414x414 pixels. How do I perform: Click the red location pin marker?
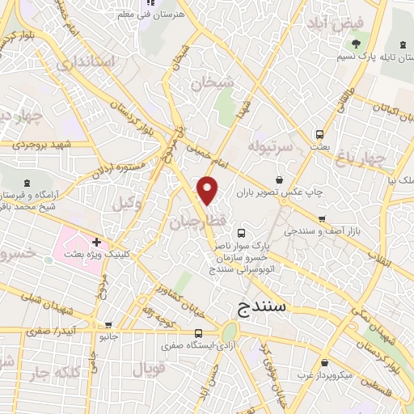[x=209, y=190]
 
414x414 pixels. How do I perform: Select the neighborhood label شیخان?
[x=213, y=82]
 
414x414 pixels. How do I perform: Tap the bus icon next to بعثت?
[x=320, y=133]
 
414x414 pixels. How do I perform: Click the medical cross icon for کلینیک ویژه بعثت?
[x=96, y=241]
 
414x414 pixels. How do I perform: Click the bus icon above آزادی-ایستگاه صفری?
[x=199, y=333]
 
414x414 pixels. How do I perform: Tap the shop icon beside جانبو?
[x=91, y=335]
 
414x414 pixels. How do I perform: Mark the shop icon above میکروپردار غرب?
[x=323, y=364]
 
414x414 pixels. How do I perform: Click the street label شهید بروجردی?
[x=42, y=144]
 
